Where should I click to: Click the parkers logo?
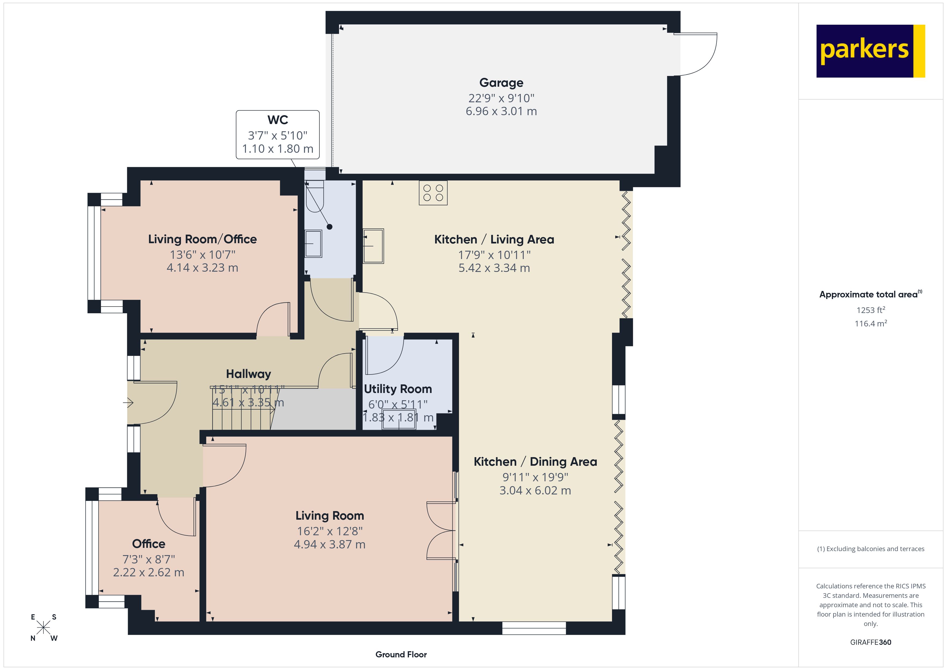coord(870,51)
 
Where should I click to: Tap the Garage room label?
coord(501,83)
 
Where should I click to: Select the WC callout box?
coord(278,134)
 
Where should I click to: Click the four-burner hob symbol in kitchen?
coord(433,193)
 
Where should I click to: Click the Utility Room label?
coord(398,389)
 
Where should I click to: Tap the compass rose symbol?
coord(43,628)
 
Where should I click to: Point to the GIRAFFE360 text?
coord(870,642)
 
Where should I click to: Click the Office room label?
coord(148,544)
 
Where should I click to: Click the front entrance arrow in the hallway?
coord(128,402)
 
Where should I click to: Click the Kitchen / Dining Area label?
coord(535,462)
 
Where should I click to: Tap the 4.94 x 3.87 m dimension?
coord(330,545)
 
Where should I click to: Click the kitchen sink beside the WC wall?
coord(373,246)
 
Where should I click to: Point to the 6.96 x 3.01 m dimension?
coord(501,111)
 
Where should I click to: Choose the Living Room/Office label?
coord(202,239)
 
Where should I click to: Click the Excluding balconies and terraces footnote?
coord(870,549)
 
